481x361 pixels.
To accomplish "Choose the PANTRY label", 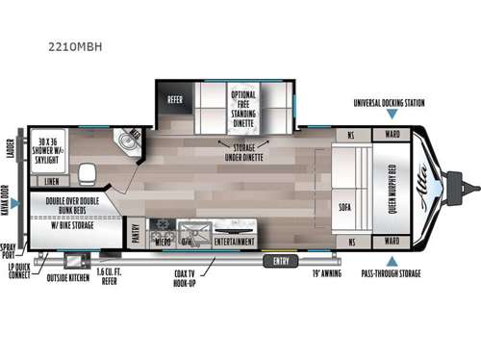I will (136, 233).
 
